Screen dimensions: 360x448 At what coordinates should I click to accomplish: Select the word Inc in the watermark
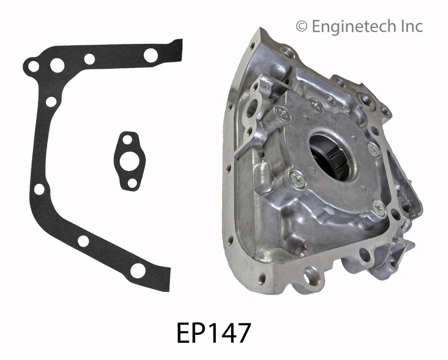tap(412, 26)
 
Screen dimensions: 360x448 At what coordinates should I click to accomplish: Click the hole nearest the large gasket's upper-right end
tap(152, 54)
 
